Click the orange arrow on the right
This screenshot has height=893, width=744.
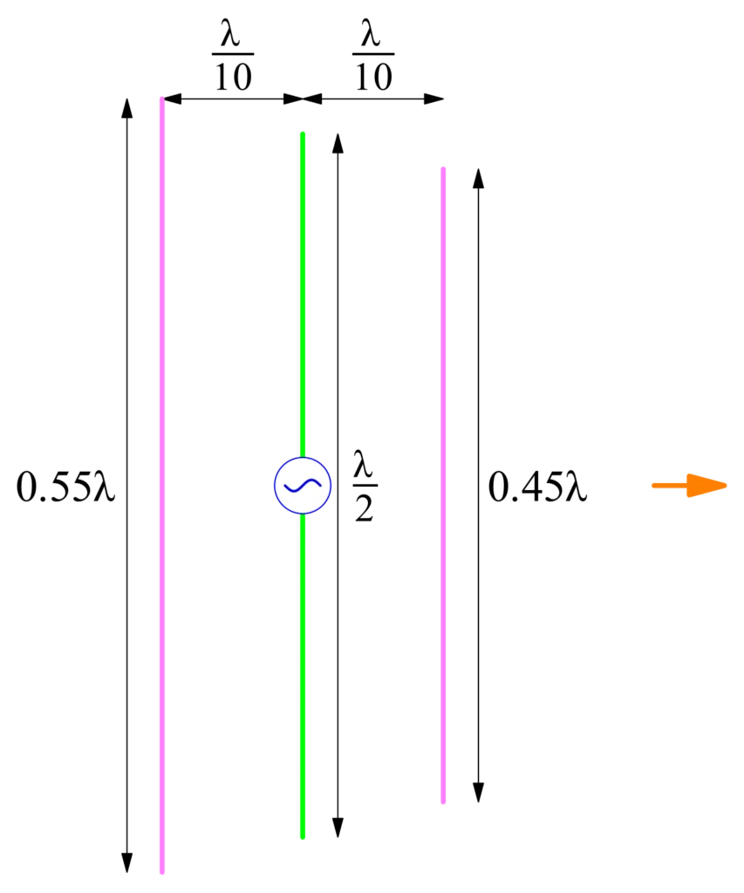689,485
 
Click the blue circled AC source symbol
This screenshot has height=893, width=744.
303,485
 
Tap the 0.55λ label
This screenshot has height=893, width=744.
65,487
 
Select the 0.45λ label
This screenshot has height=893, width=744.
537,487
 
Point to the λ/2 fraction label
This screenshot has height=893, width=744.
365,486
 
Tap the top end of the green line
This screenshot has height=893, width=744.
303,133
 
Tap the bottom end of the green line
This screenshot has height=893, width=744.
303,837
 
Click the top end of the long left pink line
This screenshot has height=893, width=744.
162,99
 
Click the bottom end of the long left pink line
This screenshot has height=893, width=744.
162,871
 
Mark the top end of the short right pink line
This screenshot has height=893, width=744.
443,169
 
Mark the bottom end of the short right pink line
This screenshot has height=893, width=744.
443,802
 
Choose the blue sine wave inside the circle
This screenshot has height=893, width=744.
303,485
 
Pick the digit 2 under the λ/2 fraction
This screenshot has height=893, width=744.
365,508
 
